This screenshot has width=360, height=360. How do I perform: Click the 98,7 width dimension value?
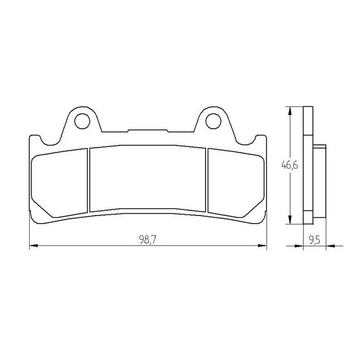pos(148,240)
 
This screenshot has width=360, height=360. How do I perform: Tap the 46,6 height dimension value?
pos(290,165)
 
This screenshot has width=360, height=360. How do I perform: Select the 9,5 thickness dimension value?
pos(315,240)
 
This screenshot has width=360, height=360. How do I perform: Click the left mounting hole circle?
pos(82,121)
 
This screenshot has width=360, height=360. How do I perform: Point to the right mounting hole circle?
pos(213,121)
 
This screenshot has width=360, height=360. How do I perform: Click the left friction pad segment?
pos(59,183)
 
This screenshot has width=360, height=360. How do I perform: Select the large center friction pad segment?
pos(148,178)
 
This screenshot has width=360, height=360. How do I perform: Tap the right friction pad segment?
pos(236,183)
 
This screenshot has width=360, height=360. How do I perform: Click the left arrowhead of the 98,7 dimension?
pos(33,246)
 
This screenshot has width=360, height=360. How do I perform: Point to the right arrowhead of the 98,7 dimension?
pos(262,246)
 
